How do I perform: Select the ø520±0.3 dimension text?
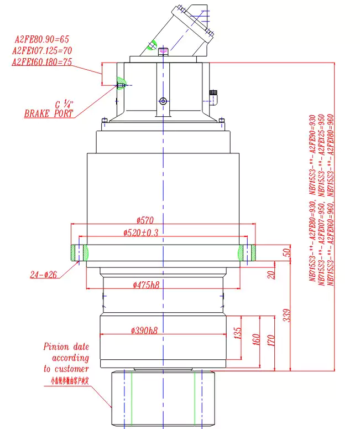141,233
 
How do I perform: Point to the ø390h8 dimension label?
144,330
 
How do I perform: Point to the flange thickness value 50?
286,252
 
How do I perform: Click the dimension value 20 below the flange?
271,273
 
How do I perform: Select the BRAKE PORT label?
48,113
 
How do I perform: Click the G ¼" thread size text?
65,103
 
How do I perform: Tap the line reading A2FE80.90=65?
41,40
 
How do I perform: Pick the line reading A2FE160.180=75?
42,61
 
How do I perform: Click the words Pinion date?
66,347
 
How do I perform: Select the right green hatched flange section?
247,253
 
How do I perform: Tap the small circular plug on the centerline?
163,101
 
